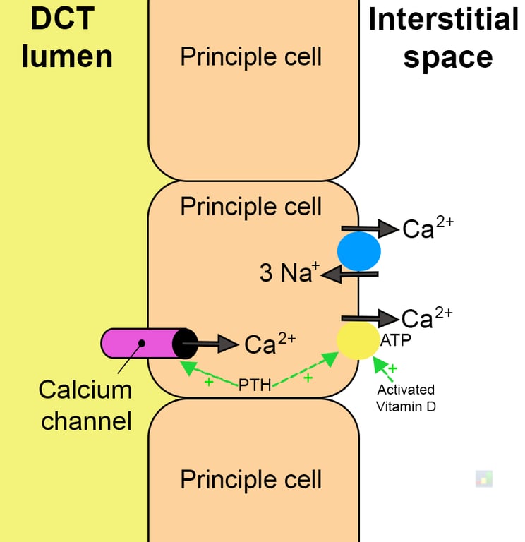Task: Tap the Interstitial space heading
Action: point(443,38)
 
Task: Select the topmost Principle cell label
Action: point(251,56)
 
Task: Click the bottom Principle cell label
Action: point(251,479)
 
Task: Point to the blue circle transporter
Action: point(358,251)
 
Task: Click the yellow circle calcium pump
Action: point(358,341)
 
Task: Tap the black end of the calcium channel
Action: point(185,343)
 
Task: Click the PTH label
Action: point(254,385)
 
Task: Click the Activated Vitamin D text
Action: point(405,398)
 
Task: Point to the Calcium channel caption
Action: point(85,405)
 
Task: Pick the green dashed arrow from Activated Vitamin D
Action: point(382,368)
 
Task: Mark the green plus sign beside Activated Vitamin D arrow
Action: point(392,368)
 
